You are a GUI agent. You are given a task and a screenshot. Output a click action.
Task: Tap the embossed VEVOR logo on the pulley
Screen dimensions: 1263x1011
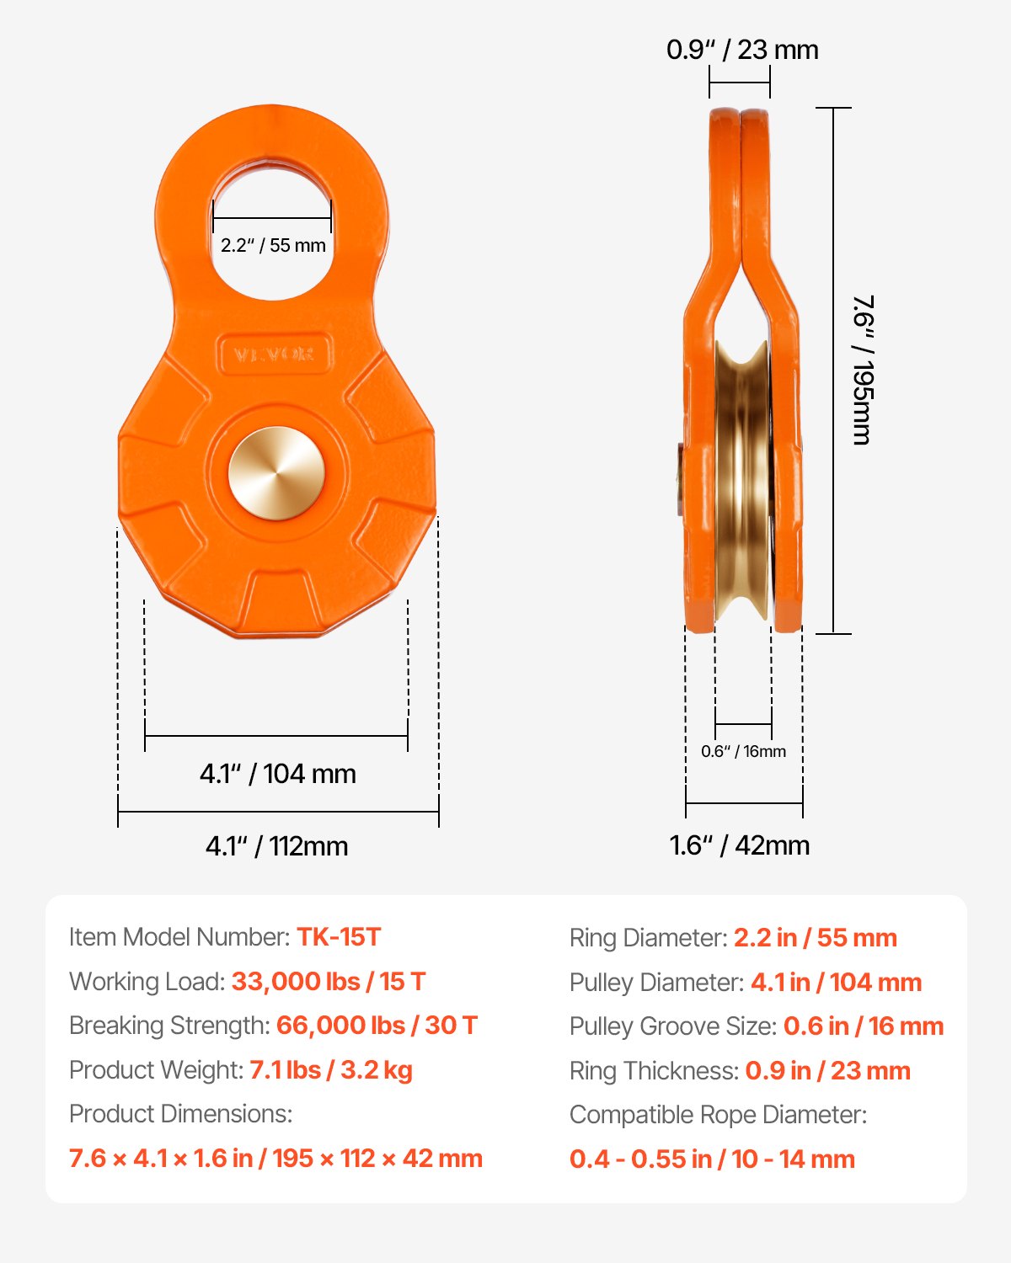click(275, 354)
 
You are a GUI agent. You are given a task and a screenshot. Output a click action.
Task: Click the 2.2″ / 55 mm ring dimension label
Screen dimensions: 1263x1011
click(273, 246)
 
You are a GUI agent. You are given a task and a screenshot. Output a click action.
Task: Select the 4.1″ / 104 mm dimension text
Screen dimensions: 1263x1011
click(277, 773)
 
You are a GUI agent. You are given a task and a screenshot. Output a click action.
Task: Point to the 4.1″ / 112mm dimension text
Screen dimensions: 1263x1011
click(276, 845)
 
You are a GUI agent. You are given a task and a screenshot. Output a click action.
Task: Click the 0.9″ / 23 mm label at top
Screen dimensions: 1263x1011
click(742, 50)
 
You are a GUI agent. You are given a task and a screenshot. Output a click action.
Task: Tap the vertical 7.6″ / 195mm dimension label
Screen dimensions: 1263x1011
click(862, 370)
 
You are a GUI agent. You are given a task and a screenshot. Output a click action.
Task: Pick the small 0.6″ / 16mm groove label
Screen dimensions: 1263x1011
click(743, 751)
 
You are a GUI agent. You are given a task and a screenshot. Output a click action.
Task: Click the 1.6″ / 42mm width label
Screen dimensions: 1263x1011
click(739, 845)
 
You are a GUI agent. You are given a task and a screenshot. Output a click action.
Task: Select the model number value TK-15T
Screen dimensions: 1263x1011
click(339, 937)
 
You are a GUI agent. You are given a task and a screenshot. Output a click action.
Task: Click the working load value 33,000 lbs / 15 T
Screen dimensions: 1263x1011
click(329, 982)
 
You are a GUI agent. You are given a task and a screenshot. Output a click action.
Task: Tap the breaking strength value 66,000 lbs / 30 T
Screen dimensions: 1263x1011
click(377, 1026)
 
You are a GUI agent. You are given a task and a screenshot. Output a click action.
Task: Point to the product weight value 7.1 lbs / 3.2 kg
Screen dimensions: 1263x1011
click(331, 1070)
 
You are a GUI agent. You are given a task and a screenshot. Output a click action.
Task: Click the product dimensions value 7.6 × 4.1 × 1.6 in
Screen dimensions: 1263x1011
click(275, 1159)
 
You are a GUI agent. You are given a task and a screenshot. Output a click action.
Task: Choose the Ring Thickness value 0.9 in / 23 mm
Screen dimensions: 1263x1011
click(827, 1071)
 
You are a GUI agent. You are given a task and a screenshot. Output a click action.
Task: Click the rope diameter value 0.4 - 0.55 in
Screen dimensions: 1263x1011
click(712, 1159)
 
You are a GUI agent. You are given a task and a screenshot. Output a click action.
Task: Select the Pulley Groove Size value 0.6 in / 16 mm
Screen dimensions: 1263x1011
click(863, 1026)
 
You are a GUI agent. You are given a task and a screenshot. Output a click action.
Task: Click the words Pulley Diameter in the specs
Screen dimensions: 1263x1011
click(655, 983)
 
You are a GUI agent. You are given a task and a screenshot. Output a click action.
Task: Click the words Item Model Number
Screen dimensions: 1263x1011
click(179, 937)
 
